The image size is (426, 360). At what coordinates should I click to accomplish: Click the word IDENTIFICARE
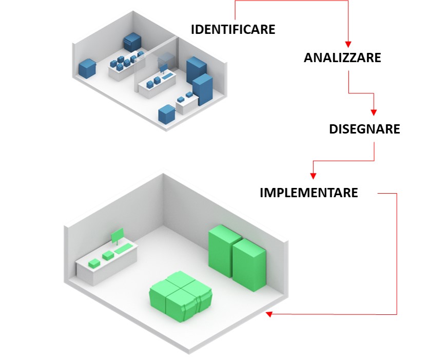pos(233,29)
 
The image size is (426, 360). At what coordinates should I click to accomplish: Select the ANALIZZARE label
pos(342,58)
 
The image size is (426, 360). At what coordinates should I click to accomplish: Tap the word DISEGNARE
pos(364,129)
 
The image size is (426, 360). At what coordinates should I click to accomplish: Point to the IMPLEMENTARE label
pos(308,193)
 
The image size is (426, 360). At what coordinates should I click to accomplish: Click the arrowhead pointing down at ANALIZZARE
pos(348,44)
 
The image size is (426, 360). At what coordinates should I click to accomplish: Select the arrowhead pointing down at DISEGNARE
pos(374,112)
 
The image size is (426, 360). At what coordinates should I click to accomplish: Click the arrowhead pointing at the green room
pos(269,314)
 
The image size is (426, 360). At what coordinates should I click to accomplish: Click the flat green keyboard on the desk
pos(124,250)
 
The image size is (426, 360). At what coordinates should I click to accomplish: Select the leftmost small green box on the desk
pos(93,263)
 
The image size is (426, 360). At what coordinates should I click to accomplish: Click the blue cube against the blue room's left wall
pos(87,67)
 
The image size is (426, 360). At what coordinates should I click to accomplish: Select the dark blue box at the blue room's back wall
pos(133,42)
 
